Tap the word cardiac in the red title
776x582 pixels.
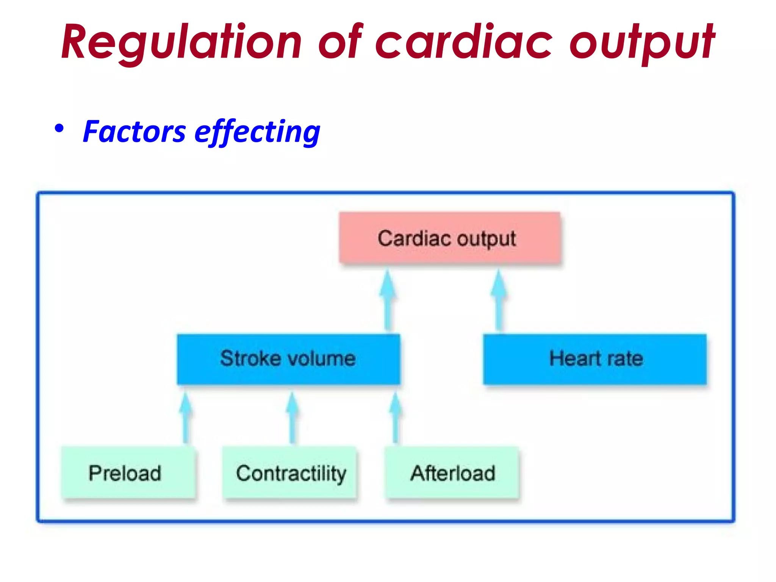coord(464,42)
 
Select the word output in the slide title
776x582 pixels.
coord(642,42)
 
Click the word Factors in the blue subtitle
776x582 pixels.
coord(134,132)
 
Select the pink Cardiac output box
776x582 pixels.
coord(449,238)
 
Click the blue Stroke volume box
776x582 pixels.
coord(288,359)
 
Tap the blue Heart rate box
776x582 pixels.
coord(595,359)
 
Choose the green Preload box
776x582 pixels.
coord(128,472)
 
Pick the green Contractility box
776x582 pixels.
coord(290,472)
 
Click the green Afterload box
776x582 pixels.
coord(452,472)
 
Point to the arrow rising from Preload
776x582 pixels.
coord(185,417)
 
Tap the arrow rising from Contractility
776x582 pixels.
coord(292,417)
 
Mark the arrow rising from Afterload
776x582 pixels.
coord(395,417)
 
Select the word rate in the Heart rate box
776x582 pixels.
coord(625,359)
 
